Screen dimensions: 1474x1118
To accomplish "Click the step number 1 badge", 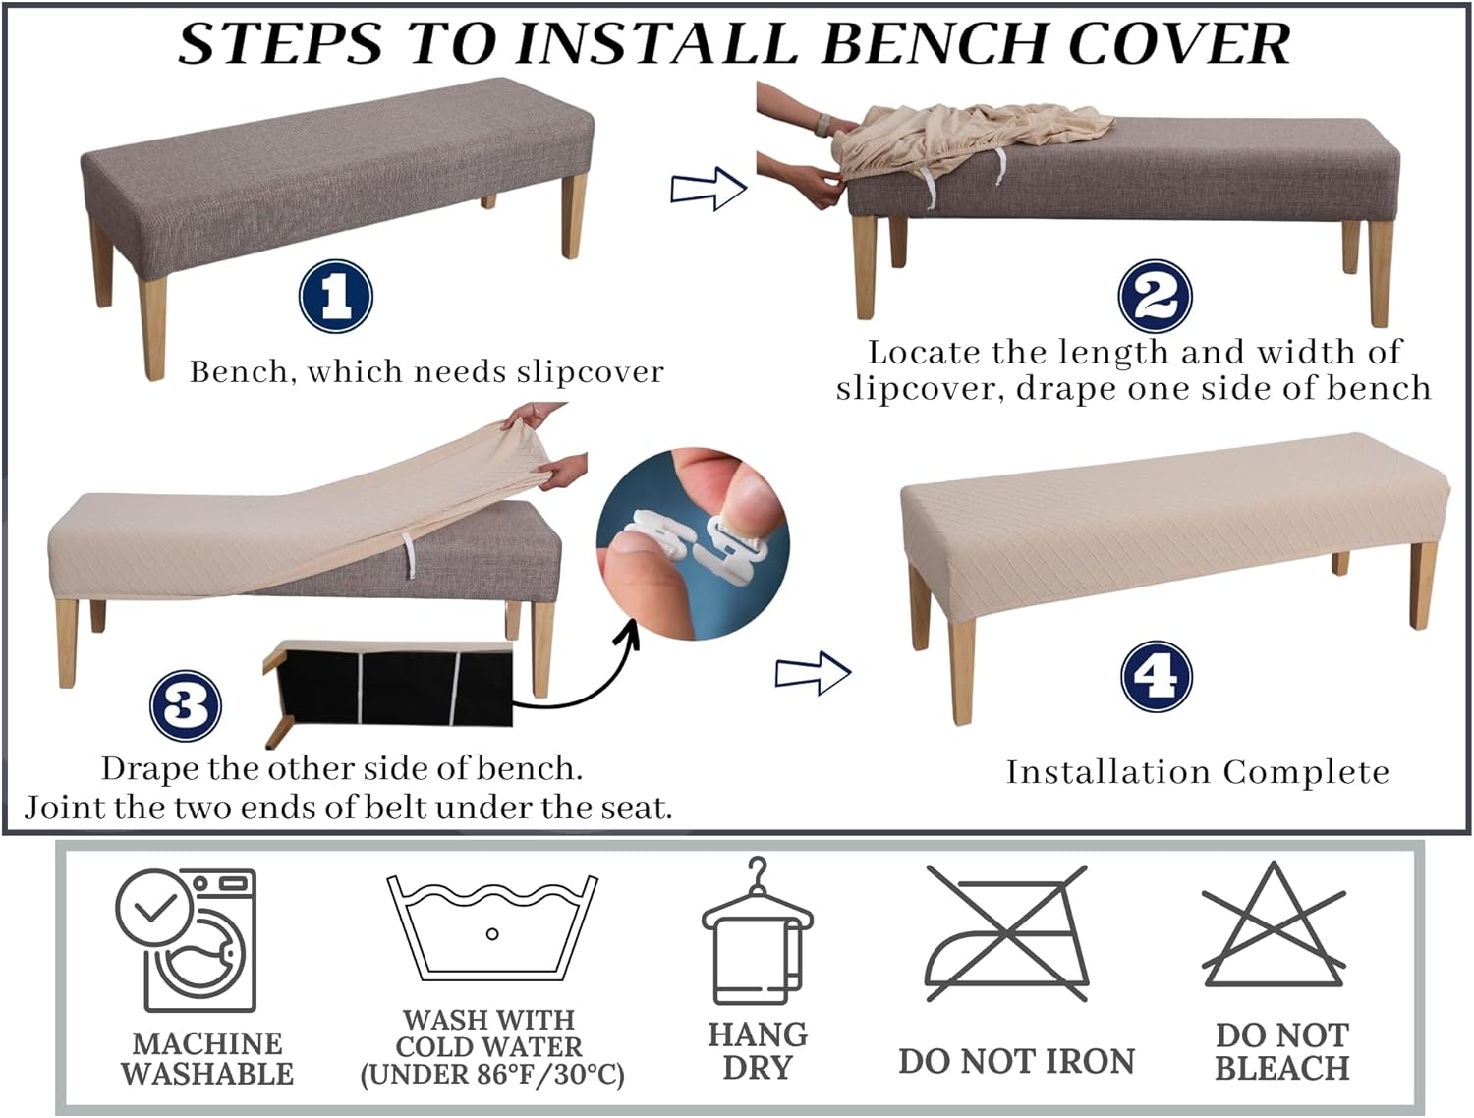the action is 336,296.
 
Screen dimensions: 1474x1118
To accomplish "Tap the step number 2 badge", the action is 1155,296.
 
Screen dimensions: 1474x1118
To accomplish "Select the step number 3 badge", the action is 186,705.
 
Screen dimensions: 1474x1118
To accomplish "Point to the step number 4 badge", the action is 1157,677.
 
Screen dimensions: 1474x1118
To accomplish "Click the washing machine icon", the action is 186,939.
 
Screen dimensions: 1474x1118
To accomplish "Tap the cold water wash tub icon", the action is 491,928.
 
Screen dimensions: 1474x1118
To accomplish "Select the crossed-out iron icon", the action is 1006,933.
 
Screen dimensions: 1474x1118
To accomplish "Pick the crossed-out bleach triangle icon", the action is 1274,925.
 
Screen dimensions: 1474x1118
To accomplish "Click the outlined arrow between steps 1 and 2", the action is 709,189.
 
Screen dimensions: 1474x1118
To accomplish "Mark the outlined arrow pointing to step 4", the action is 814,672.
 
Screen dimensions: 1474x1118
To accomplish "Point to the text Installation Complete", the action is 1197,772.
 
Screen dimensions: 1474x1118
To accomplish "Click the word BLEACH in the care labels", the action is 1282,1069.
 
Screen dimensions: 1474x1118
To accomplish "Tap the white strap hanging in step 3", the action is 409,554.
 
